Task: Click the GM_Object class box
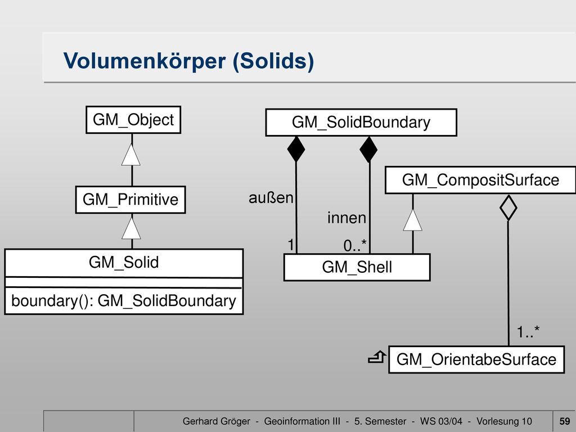[x=133, y=120]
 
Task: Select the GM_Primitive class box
[x=130, y=200]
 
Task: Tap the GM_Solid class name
[x=124, y=262]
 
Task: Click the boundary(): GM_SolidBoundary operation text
[x=124, y=300]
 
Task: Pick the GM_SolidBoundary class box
[x=361, y=122]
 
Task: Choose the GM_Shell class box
[x=357, y=267]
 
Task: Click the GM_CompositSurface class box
[x=480, y=180]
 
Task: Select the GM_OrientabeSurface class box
[x=476, y=359]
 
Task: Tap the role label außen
[x=271, y=197]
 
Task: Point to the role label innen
[x=346, y=218]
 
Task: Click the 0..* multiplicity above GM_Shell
[x=355, y=245]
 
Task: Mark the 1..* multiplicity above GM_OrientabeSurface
[x=528, y=332]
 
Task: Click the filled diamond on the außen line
[x=296, y=149]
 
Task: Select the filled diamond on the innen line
[x=369, y=149]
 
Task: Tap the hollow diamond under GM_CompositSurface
[x=508, y=208]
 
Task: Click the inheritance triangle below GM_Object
[x=131, y=155]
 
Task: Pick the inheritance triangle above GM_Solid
[x=131, y=228]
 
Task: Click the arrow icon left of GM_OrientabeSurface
[x=377, y=357]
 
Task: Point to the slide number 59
[x=565, y=421]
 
